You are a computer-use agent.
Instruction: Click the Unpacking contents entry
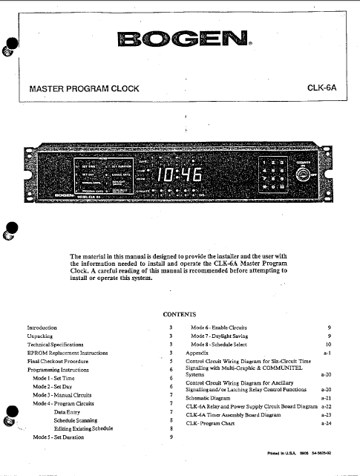(x=40, y=336)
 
